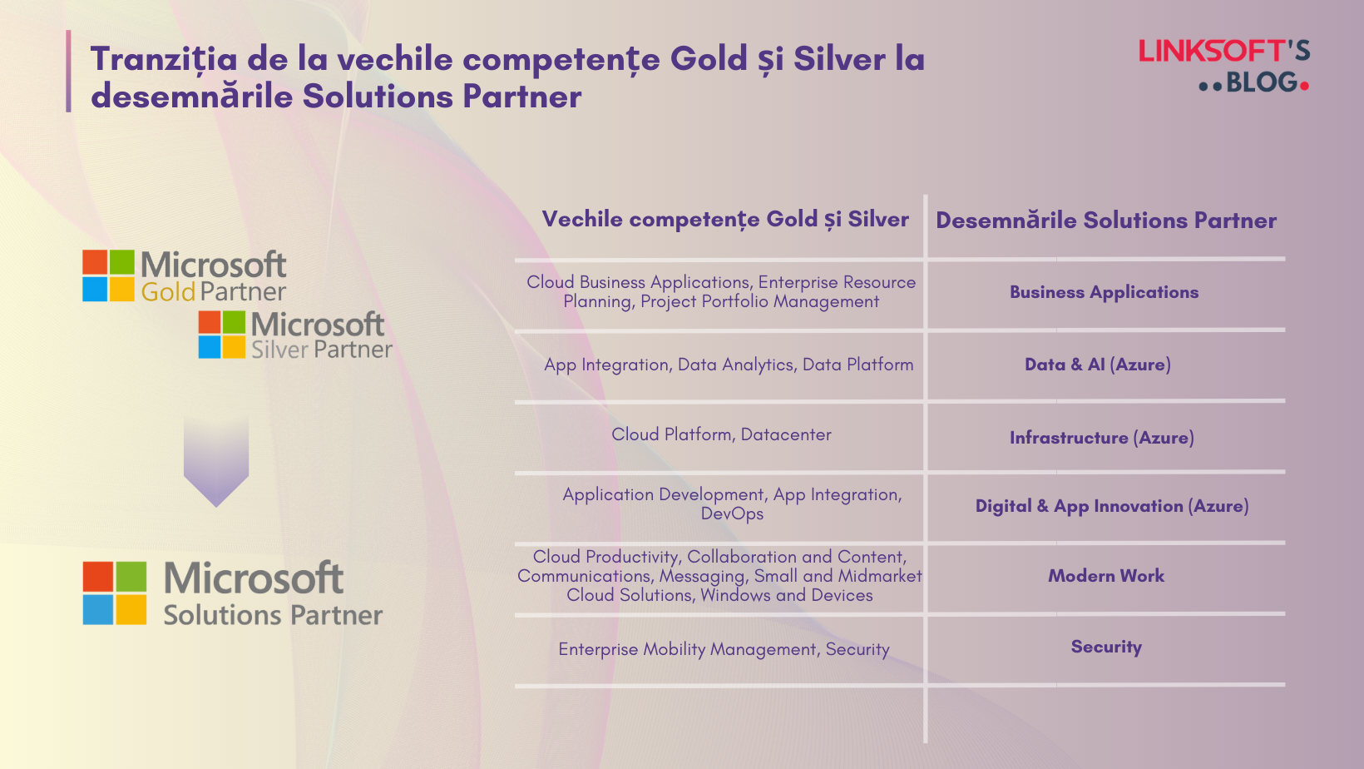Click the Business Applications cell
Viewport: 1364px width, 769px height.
1104,292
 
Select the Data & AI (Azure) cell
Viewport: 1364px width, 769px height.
1097,365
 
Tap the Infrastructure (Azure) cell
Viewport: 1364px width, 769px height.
1101,438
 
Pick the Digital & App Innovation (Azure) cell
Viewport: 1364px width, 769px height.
1111,506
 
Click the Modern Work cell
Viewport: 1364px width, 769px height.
1105,576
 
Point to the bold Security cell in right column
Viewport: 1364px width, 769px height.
1105,647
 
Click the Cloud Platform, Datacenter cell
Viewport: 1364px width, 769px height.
721,434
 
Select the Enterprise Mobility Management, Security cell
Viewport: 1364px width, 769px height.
724,649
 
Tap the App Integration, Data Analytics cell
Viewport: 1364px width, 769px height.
729,365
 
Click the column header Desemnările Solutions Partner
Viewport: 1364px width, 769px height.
1105,221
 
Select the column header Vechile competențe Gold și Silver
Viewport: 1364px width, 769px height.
724,220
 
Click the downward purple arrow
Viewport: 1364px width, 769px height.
216,463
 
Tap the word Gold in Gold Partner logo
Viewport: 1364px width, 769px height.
168,292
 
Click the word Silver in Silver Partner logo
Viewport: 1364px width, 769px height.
279,350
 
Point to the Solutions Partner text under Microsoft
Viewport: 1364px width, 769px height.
273,615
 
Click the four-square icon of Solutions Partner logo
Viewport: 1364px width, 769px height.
115,593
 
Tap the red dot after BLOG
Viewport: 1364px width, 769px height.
1304,86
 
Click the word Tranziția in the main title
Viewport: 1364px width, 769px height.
164,60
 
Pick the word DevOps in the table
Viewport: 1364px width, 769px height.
732,513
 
